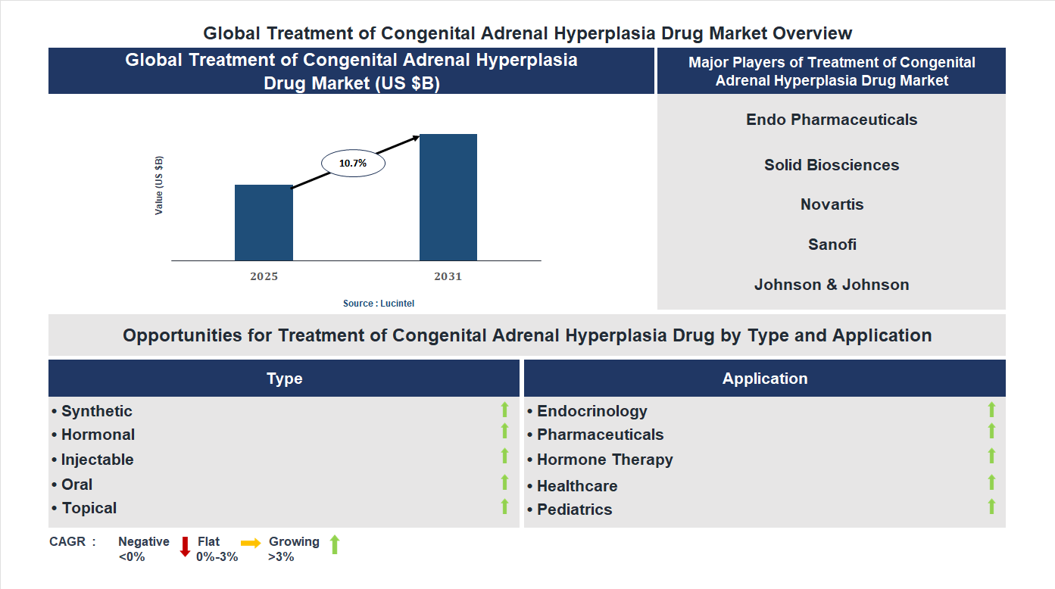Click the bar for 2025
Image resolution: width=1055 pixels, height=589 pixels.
coord(264,223)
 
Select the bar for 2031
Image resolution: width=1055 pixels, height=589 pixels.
coord(448,198)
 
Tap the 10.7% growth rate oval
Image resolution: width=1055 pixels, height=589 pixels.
coord(353,163)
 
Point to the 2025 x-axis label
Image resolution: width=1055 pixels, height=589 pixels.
coord(264,276)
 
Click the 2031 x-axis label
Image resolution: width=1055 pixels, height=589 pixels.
coord(448,276)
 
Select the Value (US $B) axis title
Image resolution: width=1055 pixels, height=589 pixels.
coord(159,185)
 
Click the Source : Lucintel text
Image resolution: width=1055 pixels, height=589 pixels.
coord(379,303)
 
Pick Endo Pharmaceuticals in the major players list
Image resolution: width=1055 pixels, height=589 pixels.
coord(832,120)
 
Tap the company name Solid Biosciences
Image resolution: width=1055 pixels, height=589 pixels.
coord(832,165)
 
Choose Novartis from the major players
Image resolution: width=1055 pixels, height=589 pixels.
coord(832,204)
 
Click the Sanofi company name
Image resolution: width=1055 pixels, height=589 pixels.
coord(832,245)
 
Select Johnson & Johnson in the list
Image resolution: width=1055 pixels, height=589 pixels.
coord(832,285)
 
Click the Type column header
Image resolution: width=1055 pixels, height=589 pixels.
coord(284,379)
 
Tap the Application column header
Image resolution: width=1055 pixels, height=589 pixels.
coord(765,379)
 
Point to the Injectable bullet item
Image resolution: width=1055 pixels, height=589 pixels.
coord(97,460)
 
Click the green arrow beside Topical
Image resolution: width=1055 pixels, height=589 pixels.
coord(504,506)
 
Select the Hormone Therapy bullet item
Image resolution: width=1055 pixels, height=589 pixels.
coord(604,460)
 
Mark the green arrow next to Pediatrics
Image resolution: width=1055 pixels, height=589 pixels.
coord(991,506)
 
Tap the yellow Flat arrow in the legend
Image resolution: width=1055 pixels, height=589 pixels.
coord(251,543)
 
